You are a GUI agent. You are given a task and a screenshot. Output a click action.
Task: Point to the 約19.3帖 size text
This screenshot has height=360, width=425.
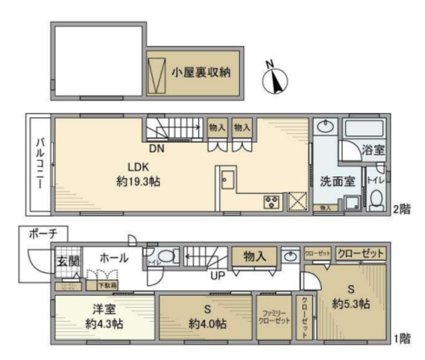pyautogui.click(x=138, y=181)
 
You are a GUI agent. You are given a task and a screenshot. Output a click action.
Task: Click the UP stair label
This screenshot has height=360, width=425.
pyautogui.click(x=217, y=273)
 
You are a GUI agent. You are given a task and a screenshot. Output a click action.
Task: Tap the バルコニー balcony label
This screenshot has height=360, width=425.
pyautogui.click(x=39, y=163)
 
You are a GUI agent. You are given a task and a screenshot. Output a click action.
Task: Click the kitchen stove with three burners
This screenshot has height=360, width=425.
pyautogui.click(x=272, y=201)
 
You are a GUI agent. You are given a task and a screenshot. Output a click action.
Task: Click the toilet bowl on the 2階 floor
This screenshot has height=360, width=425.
pyautogui.click(x=376, y=198)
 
